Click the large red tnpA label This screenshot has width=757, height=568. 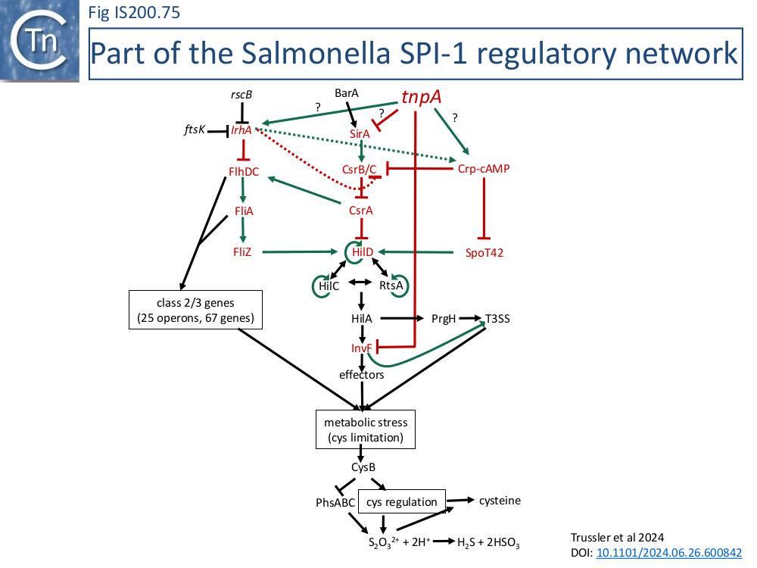click(422, 98)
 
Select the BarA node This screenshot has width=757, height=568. click(347, 93)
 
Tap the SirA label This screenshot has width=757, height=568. click(360, 134)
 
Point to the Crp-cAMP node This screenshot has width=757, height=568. click(484, 168)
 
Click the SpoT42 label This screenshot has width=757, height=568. click(484, 253)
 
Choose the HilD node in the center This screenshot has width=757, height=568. click(363, 251)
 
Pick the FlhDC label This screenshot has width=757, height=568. click(244, 172)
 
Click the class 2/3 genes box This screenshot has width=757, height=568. click(195, 310)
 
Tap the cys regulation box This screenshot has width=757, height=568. click(402, 502)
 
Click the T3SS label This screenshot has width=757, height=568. click(497, 319)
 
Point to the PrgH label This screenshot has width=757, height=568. click(444, 319)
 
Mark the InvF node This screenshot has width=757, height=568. click(361, 348)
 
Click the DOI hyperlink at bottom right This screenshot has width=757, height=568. click(669, 553)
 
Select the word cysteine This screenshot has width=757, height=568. click(499, 501)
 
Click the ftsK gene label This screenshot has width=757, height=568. click(195, 130)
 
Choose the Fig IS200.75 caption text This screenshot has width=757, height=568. click(134, 12)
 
